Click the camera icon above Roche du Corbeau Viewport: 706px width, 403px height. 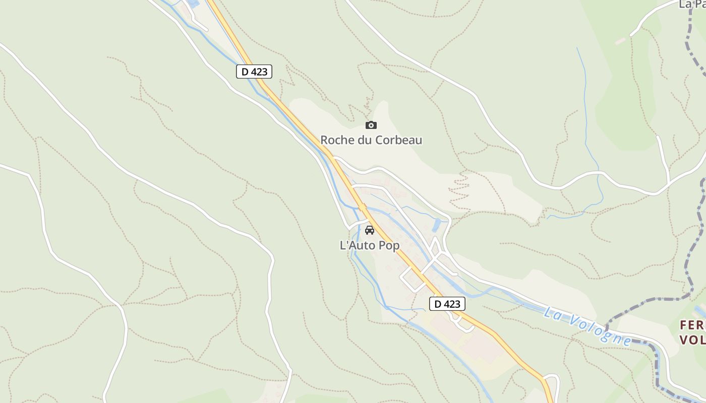[x=371, y=125]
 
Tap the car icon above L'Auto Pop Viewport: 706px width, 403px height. [x=370, y=230]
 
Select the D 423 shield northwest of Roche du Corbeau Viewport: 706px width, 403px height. [x=254, y=72]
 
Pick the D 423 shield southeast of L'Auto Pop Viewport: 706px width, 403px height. [x=447, y=304]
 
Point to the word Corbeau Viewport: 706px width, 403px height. [x=398, y=140]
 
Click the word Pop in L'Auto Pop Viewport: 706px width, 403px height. [x=389, y=246]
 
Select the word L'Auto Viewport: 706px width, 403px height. [x=358, y=246]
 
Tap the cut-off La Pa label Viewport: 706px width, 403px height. [x=691, y=4]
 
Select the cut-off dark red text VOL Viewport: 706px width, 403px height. [x=692, y=340]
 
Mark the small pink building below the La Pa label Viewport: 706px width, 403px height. [x=620, y=41]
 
